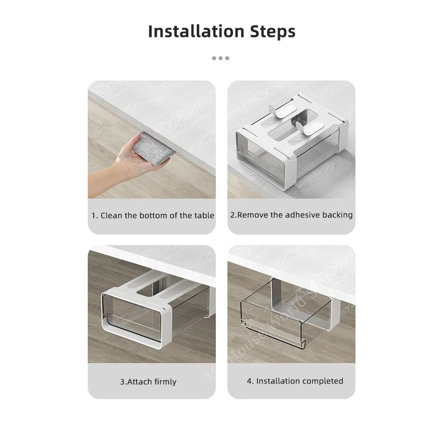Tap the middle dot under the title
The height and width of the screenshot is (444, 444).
(221, 58)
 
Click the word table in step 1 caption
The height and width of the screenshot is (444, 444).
(204, 216)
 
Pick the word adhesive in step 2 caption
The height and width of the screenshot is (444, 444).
(302, 215)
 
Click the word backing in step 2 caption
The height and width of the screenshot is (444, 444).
(337, 215)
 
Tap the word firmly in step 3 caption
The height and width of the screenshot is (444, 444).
(165, 382)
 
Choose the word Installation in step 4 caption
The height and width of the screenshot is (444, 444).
(280, 381)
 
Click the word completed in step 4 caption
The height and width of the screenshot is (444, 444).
(324, 381)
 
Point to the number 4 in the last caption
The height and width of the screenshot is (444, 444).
(249, 381)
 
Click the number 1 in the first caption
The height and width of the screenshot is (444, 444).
(94, 216)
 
